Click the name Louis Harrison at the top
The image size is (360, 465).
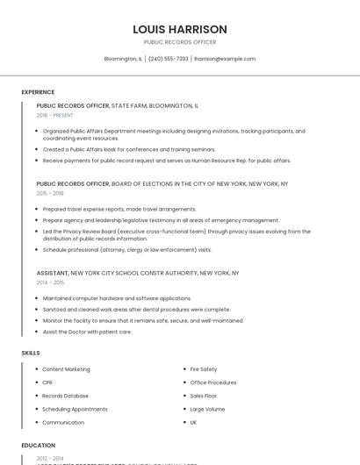coord(180,29)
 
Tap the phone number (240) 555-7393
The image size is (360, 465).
coord(168,59)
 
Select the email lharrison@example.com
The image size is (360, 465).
coord(225,59)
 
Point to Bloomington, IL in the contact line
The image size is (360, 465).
coord(123,59)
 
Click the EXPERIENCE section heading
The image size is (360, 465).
coord(38,92)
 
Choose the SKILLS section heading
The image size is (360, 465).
coord(31,353)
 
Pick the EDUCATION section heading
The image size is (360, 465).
coord(39,446)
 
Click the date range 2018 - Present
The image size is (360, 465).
coord(54,115)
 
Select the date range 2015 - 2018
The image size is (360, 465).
coord(50,193)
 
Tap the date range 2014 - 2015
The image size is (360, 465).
coord(50,283)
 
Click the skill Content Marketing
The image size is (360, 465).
coord(66,369)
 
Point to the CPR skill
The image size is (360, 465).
coord(47,383)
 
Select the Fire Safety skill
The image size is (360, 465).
coord(204,369)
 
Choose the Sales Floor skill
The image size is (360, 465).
coord(204,396)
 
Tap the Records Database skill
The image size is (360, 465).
coord(65,396)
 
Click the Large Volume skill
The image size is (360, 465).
coord(207,409)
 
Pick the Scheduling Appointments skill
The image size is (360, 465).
coord(75,409)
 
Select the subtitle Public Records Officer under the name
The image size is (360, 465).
coord(180,42)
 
